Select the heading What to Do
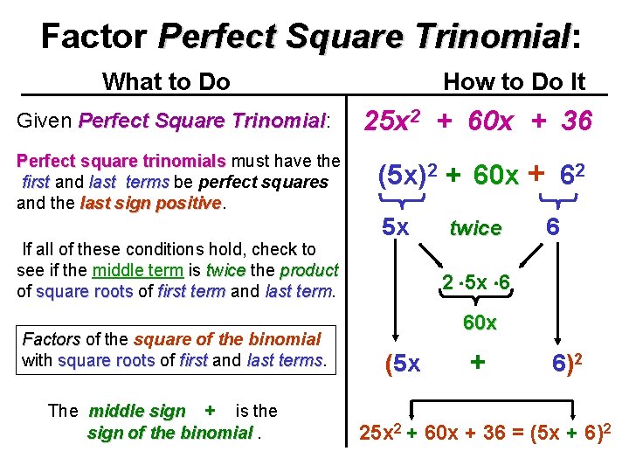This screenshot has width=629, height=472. pyautogui.click(x=166, y=82)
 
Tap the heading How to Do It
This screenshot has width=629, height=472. pyautogui.click(x=514, y=82)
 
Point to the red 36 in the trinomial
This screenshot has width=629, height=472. pyautogui.click(x=576, y=121)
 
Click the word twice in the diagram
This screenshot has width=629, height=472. pyautogui.click(x=475, y=228)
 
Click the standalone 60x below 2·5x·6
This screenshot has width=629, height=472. pyautogui.click(x=479, y=323)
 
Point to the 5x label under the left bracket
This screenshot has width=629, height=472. pyautogui.click(x=396, y=227)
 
